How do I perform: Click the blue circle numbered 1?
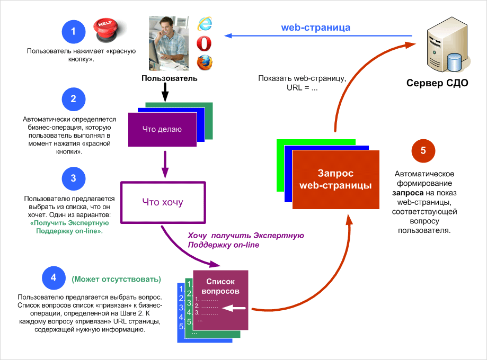click(x=73, y=32)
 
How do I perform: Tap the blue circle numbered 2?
click(x=73, y=100)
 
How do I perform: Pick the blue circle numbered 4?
click(x=53, y=278)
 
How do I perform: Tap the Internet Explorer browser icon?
click(x=204, y=23)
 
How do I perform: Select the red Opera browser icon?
click(x=204, y=42)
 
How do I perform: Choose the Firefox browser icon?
click(x=204, y=62)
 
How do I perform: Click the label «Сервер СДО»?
click(x=437, y=83)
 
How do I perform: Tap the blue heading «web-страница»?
click(x=315, y=27)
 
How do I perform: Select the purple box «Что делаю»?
click(x=162, y=130)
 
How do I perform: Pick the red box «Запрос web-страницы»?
click(x=335, y=179)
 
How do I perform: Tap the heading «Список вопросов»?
click(x=220, y=286)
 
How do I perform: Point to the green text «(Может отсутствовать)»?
click(x=116, y=279)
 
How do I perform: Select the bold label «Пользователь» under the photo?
click(x=169, y=78)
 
